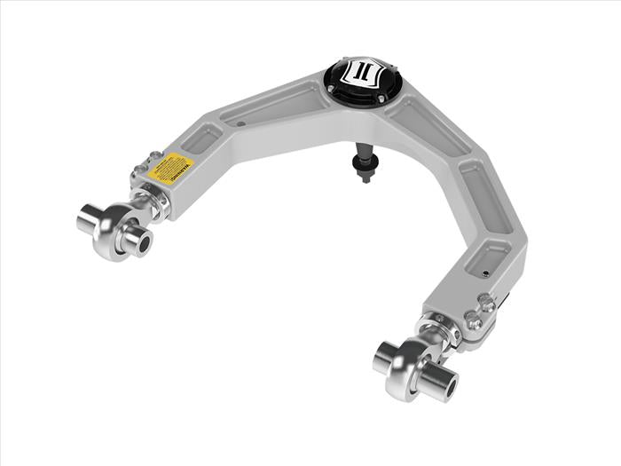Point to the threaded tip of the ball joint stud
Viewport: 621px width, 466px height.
[x=365, y=177]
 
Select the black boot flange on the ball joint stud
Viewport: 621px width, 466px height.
[x=364, y=162]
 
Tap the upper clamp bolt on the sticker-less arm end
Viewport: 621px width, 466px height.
[x=486, y=304]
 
